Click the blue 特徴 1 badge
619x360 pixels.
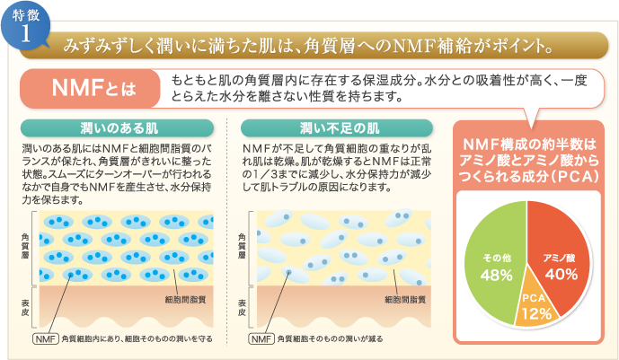pos(26,27)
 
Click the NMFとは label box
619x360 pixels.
pos(90,88)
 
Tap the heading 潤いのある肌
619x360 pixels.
pos(118,128)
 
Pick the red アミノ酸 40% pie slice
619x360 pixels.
pos(561,252)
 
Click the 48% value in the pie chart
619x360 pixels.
pos(496,276)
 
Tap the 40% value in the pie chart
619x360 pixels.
pos(561,274)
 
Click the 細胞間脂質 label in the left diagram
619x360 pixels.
pos(185,300)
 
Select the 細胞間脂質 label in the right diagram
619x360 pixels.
pos(405,300)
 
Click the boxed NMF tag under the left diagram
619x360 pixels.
pos(46,339)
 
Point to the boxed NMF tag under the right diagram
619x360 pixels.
pos(261,339)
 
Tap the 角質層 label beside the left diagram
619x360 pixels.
pos(25,246)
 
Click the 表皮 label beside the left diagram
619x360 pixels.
pos(25,308)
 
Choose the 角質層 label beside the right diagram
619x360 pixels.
pos(242,246)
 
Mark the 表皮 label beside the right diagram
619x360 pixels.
pos(242,308)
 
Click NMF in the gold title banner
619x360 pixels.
pos(414,47)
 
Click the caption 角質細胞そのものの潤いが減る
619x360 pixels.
pos(330,339)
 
